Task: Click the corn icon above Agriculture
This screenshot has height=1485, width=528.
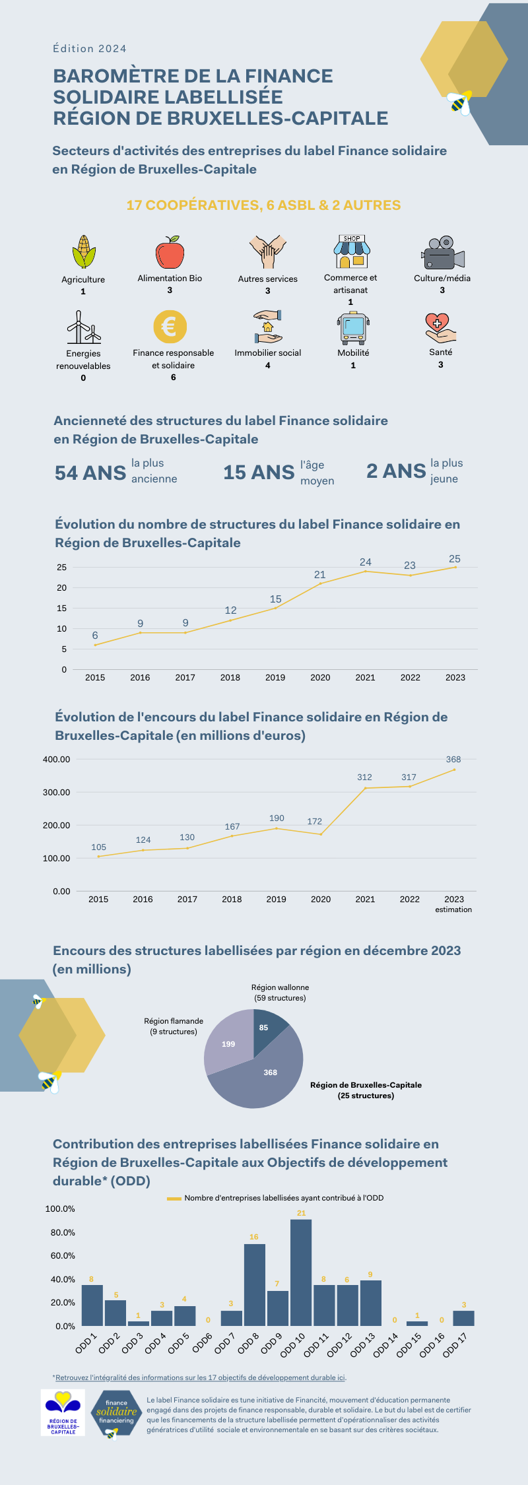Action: pyautogui.click(x=83, y=251)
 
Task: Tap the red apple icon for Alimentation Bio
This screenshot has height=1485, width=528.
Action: pyautogui.click(x=170, y=252)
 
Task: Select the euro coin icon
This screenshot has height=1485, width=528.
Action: pyautogui.click(x=170, y=327)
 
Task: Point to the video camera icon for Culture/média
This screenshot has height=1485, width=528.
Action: pyautogui.click(x=443, y=252)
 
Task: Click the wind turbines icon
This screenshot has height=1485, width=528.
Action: pyautogui.click(x=83, y=327)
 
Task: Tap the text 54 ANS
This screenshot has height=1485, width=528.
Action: pyautogui.click(x=90, y=473)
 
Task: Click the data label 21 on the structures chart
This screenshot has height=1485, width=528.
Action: pyautogui.click(x=320, y=575)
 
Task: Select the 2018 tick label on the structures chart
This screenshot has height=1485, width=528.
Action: pyautogui.click(x=230, y=677)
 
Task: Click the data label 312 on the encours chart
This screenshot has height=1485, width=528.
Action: pyautogui.click(x=364, y=777)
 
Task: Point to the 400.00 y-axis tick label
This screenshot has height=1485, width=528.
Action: pyautogui.click(x=57, y=759)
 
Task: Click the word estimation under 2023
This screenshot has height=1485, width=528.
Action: pyautogui.click(x=453, y=909)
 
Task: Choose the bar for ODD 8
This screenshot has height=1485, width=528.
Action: pyautogui.click(x=255, y=1284)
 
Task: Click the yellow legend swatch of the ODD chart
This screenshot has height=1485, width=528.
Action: pyautogui.click(x=174, y=1198)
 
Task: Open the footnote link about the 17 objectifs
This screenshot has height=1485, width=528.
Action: pyautogui.click(x=201, y=1377)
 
